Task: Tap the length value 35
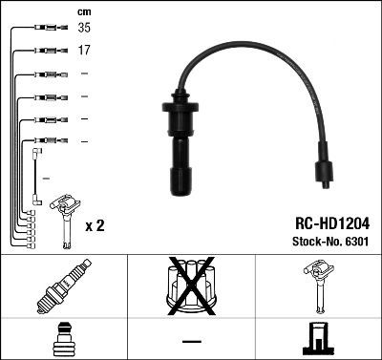[x=84, y=28]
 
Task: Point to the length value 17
[x=84, y=50]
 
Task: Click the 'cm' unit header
[x=83, y=11]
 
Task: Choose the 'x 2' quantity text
[x=95, y=226]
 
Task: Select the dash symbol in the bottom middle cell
[x=191, y=340]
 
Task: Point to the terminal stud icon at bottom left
[x=63, y=338]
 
